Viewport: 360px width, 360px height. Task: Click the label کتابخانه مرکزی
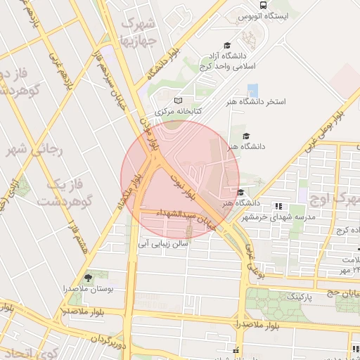point(179,111)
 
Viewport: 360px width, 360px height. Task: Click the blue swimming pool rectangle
point(252,91)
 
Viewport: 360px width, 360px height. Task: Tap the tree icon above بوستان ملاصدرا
point(88,278)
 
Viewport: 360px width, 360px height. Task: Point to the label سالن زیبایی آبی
point(164,244)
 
